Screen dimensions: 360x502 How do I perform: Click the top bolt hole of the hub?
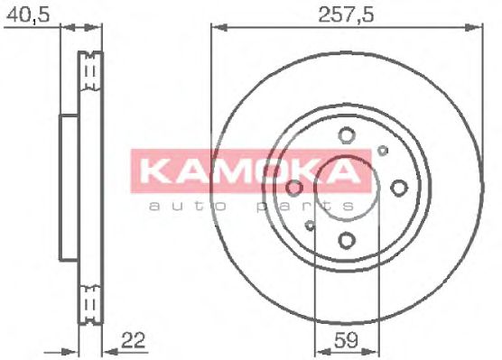[347, 136]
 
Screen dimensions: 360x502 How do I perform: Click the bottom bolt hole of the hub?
[347, 240]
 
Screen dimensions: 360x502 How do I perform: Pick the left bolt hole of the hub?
[294, 188]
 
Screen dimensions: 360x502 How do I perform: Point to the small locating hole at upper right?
[383, 151]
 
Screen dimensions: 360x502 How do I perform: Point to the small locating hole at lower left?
[311, 225]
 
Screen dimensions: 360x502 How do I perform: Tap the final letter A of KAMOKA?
[354, 171]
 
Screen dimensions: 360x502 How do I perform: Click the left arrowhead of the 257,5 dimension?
[215, 32]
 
